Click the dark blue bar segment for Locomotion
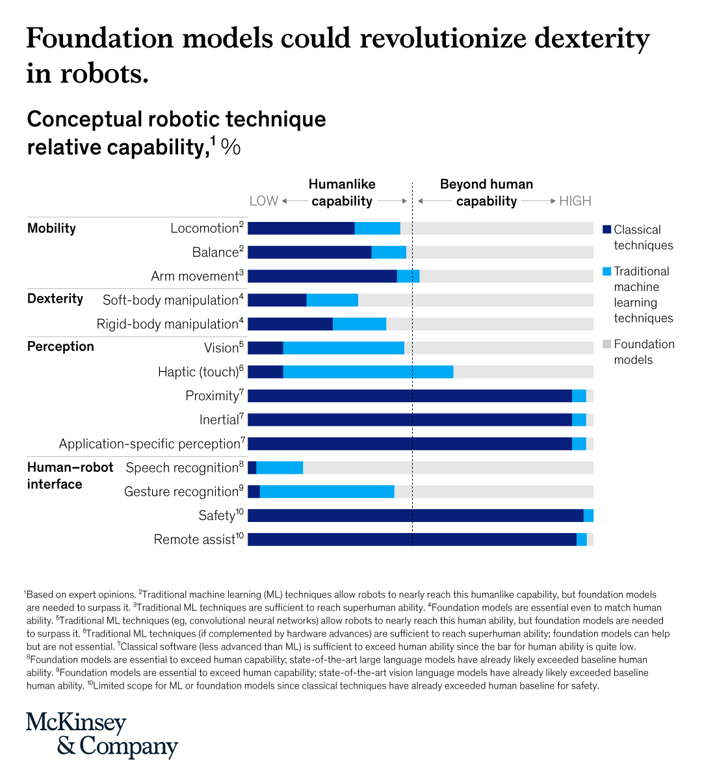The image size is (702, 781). pyautogui.click(x=301, y=228)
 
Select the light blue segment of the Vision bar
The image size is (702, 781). pyautogui.click(x=343, y=348)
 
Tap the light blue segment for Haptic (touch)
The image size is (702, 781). pyautogui.click(x=368, y=372)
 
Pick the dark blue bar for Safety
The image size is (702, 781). pyautogui.click(x=415, y=515)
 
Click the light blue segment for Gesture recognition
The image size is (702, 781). pyautogui.click(x=327, y=491)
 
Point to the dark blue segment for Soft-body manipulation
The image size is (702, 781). pyautogui.click(x=277, y=300)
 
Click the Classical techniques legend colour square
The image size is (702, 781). pyautogui.click(x=606, y=230)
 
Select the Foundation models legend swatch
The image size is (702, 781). pyautogui.click(x=606, y=344)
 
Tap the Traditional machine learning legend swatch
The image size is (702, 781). pyautogui.click(x=606, y=271)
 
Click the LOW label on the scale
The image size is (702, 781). pyautogui.click(x=263, y=201)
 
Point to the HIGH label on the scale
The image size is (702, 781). pyautogui.click(x=575, y=201)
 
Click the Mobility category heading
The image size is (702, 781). pyautogui.click(x=51, y=228)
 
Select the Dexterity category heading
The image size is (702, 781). pyautogui.click(x=55, y=299)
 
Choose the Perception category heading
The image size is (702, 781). pyautogui.click(x=60, y=346)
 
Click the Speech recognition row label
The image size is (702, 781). pyautogui.click(x=182, y=468)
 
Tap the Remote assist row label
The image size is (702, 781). pyautogui.click(x=194, y=540)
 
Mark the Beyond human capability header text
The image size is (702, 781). pyautogui.click(x=486, y=193)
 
